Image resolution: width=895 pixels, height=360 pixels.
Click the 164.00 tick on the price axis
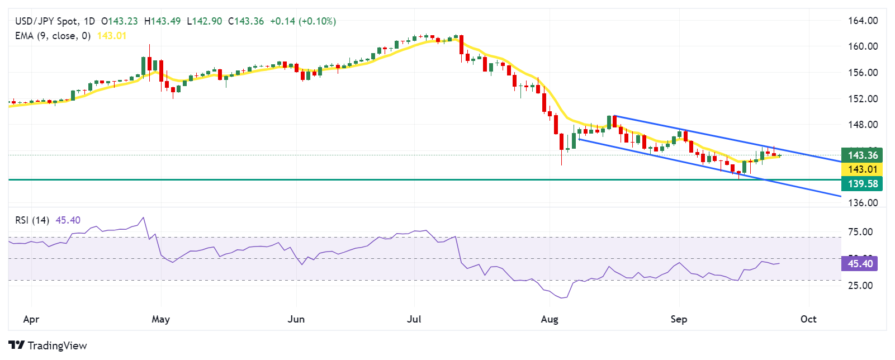(863, 21)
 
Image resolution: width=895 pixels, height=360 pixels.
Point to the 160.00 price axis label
(863, 46)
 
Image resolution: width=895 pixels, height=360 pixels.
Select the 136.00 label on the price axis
(863, 203)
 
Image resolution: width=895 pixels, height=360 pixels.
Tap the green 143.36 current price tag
(863, 155)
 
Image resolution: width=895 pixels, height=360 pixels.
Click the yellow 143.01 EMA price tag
(863, 169)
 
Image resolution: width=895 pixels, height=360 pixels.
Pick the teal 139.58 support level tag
(863, 184)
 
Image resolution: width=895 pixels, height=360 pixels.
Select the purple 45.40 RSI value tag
(860, 264)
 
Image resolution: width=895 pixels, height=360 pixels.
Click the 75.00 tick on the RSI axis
(860, 232)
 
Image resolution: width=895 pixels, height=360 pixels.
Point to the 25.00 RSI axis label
(860, 286)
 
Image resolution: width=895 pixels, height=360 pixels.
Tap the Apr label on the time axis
(31, 319)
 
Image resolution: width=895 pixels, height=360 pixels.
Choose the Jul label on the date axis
(414, 319)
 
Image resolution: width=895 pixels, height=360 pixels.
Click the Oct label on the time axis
(808, 319)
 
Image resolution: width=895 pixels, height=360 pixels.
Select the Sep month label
(679, 319)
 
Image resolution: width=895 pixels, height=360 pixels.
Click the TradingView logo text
(56, 345)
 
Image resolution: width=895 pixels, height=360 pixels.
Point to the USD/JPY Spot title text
(46, 21)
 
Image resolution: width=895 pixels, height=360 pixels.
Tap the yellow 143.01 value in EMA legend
(112, 36)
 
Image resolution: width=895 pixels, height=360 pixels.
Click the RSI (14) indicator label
(32, 220)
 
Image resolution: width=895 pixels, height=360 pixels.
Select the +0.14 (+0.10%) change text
(302, 21)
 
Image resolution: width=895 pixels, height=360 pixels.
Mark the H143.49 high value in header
(162, 21)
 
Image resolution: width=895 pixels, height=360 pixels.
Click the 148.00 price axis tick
(863, 125)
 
